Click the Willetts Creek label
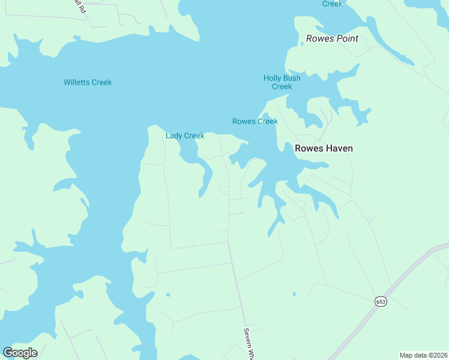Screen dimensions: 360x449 [88, 82]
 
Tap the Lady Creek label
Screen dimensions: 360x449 [185, 136]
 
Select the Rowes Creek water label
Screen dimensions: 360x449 [255, 121]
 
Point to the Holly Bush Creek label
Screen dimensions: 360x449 [282, 82]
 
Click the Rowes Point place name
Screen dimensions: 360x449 [332, 38]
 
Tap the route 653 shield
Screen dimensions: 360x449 [381, 301]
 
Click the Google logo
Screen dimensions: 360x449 [20, 352]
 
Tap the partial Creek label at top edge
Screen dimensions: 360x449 [333, 4]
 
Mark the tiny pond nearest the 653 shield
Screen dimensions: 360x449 [294, 294]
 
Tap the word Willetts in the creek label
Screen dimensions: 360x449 [77, 82]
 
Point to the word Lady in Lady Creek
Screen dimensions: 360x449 [173, 136]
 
